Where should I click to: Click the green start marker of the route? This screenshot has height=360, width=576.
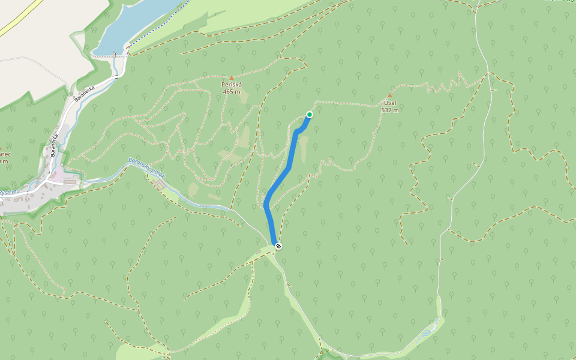click(310, 114)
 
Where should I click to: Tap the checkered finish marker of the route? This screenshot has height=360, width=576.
click(278, 245)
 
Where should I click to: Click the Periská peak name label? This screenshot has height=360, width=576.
click(231, 85)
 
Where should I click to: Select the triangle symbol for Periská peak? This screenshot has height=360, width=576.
click(232, 78)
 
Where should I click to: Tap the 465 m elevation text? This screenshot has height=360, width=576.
click(231, 92)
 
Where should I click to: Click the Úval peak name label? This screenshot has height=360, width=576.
click(390, 103)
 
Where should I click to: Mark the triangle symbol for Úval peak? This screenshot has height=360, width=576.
click(390, 95)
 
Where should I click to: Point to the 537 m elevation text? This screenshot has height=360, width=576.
click(390, 110)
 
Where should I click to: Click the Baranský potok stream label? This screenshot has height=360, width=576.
click(146, 170)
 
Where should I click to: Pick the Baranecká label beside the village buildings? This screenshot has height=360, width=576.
click(54, 145)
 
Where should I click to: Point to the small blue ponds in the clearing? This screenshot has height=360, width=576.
click(428, 332)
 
